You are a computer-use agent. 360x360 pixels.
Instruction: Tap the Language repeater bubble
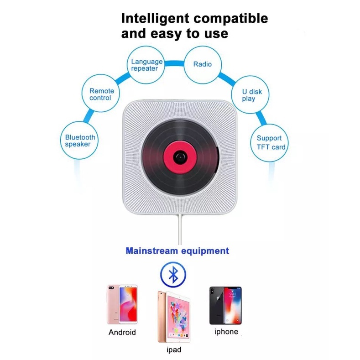click(147, 65)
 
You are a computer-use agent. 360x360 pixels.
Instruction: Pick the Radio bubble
click(203, 64)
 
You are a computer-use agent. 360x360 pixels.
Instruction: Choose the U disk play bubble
click(252, 95)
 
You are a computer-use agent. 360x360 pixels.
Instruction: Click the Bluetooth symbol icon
click(173, 275)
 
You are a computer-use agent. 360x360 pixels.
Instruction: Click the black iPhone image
click(225, 305)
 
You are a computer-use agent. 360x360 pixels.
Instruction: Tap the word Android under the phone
click(122, 332)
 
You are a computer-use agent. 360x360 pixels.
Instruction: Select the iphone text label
click(226, 332)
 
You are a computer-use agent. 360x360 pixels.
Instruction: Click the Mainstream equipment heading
click(177, 250)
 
